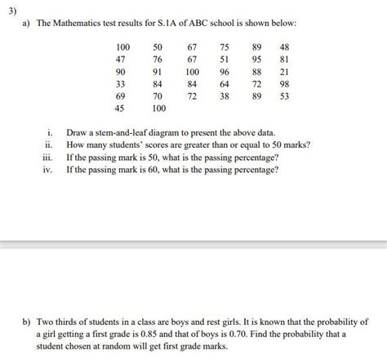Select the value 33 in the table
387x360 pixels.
120,83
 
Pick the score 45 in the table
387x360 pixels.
120,108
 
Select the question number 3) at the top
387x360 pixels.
10,7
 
